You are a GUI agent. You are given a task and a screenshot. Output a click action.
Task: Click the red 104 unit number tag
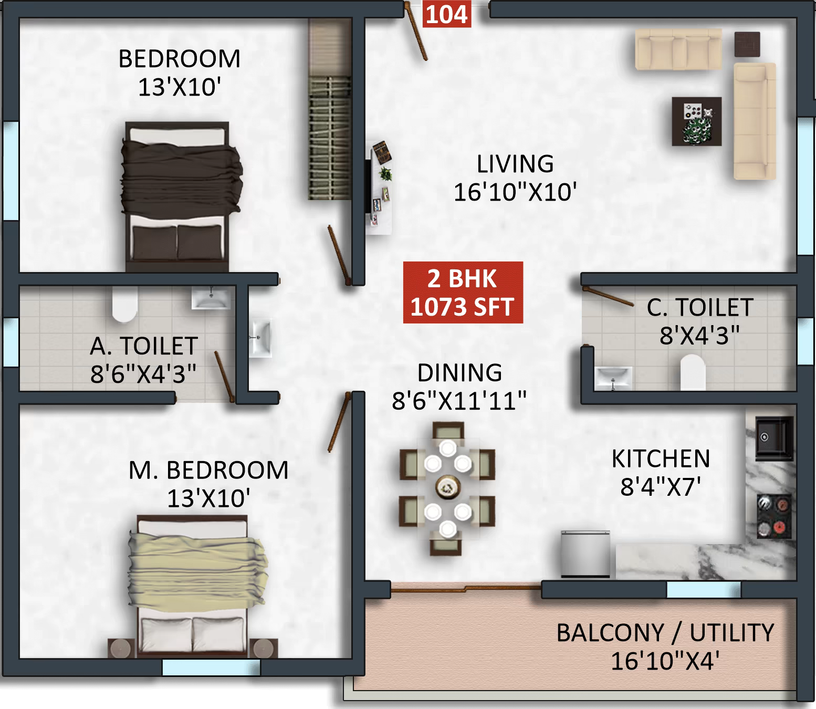[446, 14]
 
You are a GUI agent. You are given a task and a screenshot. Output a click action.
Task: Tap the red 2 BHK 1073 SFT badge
[463, 293]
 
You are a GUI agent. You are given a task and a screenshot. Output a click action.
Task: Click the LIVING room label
[515, 164]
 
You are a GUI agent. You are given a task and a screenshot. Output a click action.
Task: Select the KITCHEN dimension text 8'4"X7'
[661, 487]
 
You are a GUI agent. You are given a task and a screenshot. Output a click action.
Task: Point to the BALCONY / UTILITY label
[665, 633]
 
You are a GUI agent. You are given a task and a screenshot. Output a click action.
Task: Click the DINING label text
[459, 373]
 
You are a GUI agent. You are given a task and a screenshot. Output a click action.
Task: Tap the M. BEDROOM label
[208, 470]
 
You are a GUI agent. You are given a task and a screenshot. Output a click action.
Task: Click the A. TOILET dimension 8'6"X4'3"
[143, 374]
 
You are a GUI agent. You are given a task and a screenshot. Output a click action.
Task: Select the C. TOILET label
[700, 308]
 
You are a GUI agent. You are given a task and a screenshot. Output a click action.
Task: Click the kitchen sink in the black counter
[773, 436]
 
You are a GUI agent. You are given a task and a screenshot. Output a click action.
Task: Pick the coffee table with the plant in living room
[696, 121]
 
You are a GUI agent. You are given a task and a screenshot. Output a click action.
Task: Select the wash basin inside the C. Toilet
[613, 377]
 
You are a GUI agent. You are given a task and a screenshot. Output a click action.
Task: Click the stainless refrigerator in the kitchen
[585, 554]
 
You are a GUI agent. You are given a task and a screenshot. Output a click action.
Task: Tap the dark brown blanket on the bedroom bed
[181, 176]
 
